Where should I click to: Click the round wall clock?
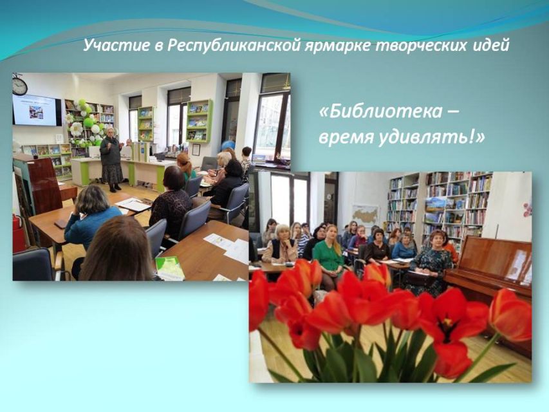pyautogui.click(x=19, y=86)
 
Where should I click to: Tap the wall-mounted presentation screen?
pyautogui.click(x=37, y=110)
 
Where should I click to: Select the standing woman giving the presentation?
pyautogui.click(x=111, y=160)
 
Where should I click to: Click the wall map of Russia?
pyautogui.click(x=365, y=214)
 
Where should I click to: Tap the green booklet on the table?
pyautogui.click(x=169, y=268)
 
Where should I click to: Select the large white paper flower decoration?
pyautogui.click(x=76, y=129)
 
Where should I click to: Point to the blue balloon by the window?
pyautogui.click(x=228, y=145)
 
